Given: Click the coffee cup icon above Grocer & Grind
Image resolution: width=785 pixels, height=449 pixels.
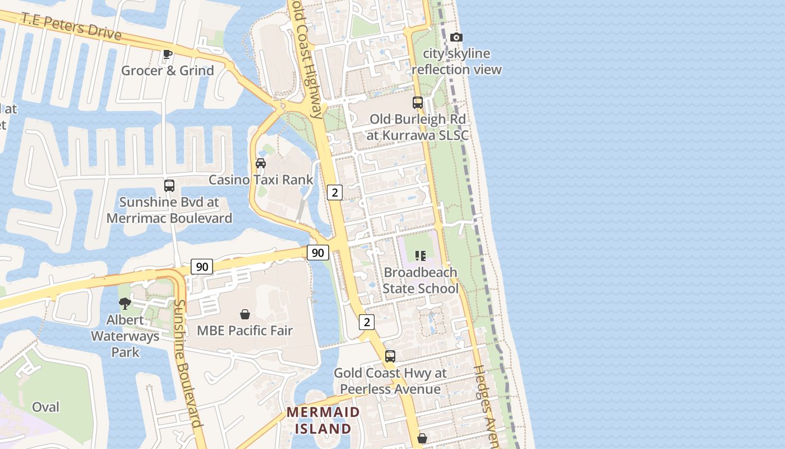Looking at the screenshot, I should pyautogui.click(x=167, y=54).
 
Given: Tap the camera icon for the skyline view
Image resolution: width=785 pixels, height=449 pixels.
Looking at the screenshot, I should pyautogui.click(x=456, y=37).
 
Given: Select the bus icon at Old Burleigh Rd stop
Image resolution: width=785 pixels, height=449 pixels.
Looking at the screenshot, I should pyautogui.click(x=418, y=102).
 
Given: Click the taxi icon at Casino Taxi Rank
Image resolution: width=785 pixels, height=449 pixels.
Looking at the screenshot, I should pyautogui.click(x=261, y=163).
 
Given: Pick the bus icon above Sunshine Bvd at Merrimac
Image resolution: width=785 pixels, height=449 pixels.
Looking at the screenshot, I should pyautogui.click(x=169, y=185).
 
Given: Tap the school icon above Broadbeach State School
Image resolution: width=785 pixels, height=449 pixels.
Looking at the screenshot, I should pyautogui.click(x=421, y=256).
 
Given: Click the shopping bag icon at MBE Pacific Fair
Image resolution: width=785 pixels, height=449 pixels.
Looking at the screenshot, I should pyautogui.click(x=245, y=314).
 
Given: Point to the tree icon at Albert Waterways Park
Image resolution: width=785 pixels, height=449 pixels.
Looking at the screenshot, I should pyautogui.click(x=125, y=304).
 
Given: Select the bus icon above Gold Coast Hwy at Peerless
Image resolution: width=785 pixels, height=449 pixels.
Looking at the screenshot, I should pyautogui.click(x=390, y=356).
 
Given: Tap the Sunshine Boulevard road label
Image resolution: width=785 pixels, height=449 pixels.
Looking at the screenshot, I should pyautogui.click(x=188, y=363).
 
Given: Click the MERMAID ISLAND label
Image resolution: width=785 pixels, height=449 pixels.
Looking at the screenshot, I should pyautogui.click(x=323, y=420).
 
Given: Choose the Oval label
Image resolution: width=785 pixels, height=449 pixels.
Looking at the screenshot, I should pyautogui.click(x=45, y=407).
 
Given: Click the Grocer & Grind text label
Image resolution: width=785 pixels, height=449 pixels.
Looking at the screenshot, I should pyautogui.click(x=168, y=71).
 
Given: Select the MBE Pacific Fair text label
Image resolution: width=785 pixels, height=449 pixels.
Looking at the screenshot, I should pyautogui.click(x=245, y=330).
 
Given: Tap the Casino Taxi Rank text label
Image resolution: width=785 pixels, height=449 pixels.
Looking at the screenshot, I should pyautogui.click(x=261, y=180).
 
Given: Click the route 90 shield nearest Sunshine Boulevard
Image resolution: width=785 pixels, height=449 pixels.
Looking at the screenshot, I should pyautogui.click(x=202, y=266).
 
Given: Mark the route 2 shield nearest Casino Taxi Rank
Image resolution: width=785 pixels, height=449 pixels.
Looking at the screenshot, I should pyautogui.click(x=335, y=193).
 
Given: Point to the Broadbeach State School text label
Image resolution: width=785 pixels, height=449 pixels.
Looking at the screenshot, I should pyautogui.click(x=421, y=281).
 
